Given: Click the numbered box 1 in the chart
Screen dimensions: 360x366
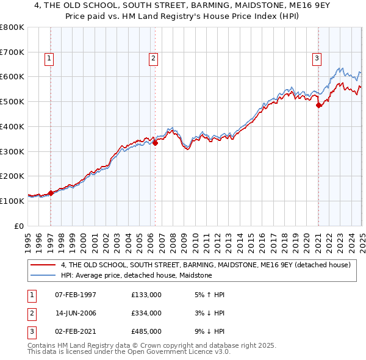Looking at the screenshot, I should [48, 59].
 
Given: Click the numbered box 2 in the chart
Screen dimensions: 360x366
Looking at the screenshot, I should [152, 59].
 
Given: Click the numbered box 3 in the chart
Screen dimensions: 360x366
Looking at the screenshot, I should [317, 59].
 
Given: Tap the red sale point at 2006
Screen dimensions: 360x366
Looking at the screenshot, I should [156, 143].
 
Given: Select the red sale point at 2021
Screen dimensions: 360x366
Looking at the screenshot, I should [318, 106].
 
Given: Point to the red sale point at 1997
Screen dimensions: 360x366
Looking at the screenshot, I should [51, 193].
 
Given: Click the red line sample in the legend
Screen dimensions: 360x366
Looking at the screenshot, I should [45, 265].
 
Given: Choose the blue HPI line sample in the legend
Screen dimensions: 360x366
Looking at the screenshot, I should [45, 276].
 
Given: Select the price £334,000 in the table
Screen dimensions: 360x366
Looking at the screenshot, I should [146, 313].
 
